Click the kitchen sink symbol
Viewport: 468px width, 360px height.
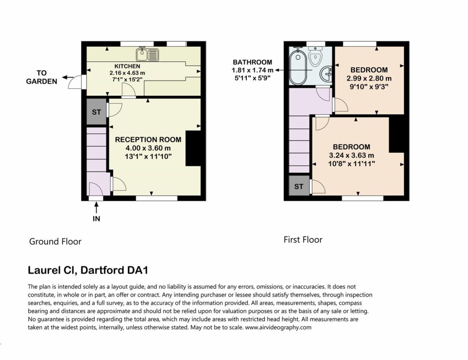click(148, 55)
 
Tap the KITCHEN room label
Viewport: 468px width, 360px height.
click(127, 66)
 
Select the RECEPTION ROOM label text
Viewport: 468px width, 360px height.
click(148, 140)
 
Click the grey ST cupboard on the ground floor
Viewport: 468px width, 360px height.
click(96, 112)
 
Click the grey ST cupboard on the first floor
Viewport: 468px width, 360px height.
click(299, 187)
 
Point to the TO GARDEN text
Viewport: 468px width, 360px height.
click(42, 77)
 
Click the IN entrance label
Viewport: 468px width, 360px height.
click(96, 219)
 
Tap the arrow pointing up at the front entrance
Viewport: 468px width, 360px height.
click(96, 208)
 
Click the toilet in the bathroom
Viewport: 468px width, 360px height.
click(315, 56)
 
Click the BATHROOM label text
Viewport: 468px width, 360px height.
click(252, 62)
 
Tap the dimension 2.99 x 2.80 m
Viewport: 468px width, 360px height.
click(369, 79)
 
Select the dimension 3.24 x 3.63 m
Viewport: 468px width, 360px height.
click(351, 156)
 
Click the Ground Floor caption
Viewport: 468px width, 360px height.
click(55, 242)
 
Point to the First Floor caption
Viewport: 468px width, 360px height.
click(303, 240)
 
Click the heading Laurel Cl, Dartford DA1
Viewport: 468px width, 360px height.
click(88, 270)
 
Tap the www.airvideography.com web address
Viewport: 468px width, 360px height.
click(278, 327)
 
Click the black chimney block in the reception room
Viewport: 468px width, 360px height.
click(193, 148)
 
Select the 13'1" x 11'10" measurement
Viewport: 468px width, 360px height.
click(149, 156)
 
